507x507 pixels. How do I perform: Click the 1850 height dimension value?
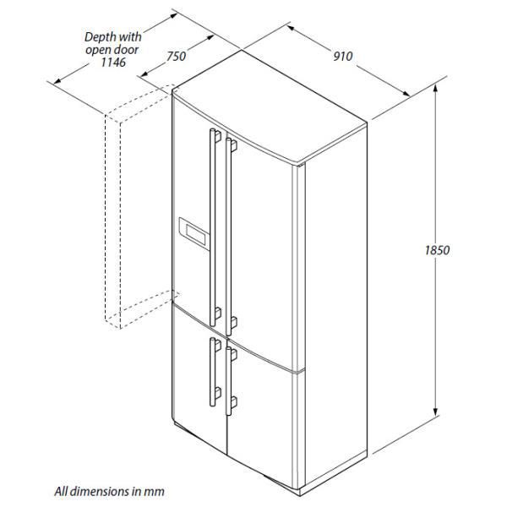pos(437,250)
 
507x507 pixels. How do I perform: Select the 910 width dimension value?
pos(343,57)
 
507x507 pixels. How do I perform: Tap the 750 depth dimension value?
pos(177,57)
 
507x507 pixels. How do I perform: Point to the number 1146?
pos(113,62)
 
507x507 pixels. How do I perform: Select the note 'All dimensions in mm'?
pos(109,492)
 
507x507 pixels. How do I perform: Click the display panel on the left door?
pos(194,233)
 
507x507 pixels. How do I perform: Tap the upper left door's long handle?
pos(214,227)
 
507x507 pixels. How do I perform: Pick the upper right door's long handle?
pos(229,237)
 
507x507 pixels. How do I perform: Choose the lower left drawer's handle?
pos(214,372)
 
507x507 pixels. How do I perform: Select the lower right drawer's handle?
pos(229,381)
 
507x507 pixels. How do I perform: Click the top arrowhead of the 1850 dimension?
pos(436,88)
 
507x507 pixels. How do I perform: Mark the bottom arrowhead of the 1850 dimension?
pos(436,412)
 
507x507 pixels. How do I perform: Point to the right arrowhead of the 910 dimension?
pos(406,94)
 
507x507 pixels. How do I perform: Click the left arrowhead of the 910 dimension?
pos(291,28)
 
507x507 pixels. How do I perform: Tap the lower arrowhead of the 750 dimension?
pos(144,74)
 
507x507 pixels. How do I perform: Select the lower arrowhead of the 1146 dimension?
pos(57,80)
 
